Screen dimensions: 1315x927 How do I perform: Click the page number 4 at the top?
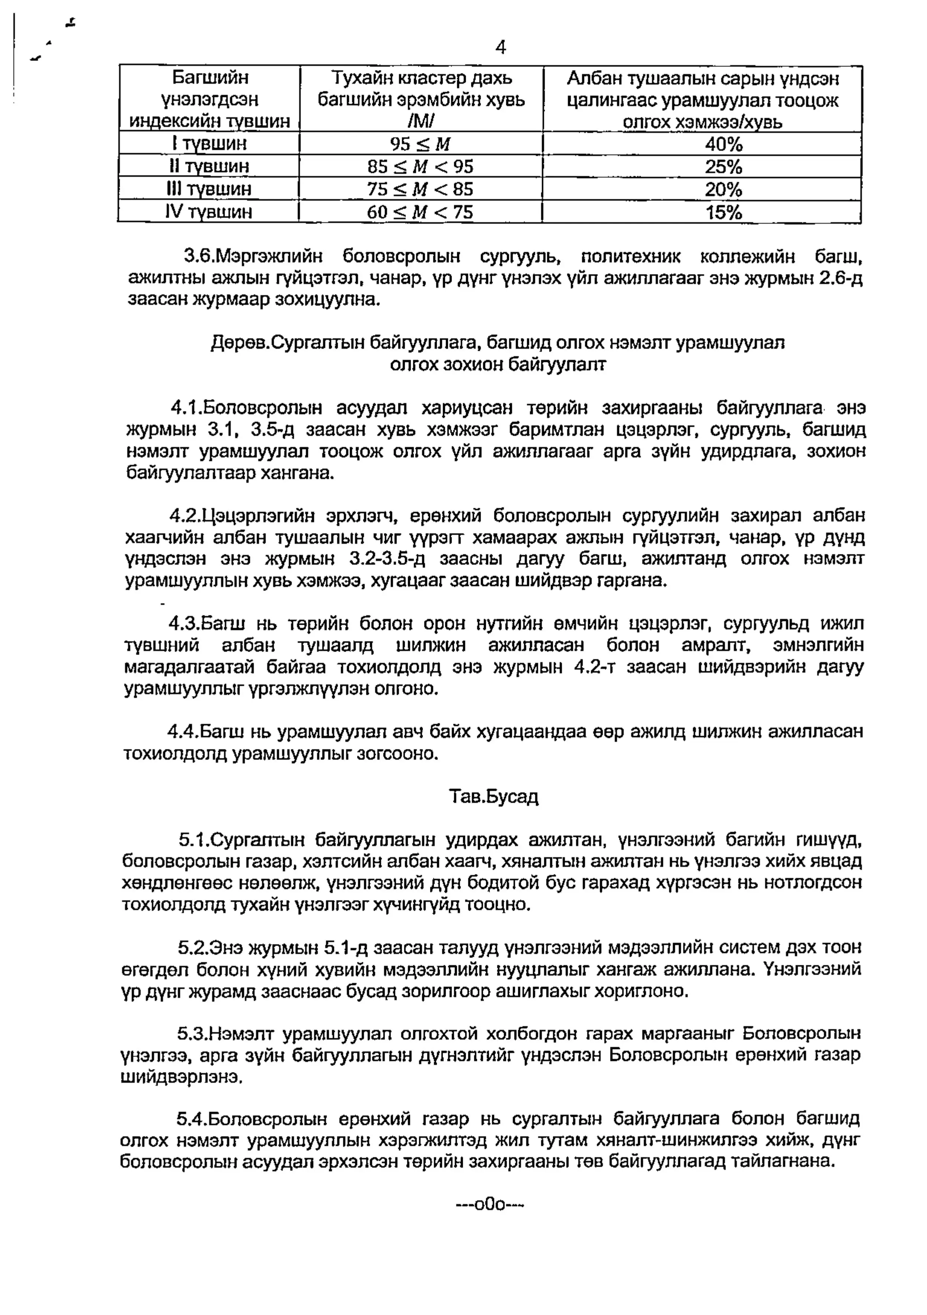coord(500,48)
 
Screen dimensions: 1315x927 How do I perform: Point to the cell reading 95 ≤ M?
coord(420,144)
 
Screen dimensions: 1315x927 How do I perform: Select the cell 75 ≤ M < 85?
coord(420,189)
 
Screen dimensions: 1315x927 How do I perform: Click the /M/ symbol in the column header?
coord(421,122)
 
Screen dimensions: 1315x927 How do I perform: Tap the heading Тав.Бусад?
coord(494,797)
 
